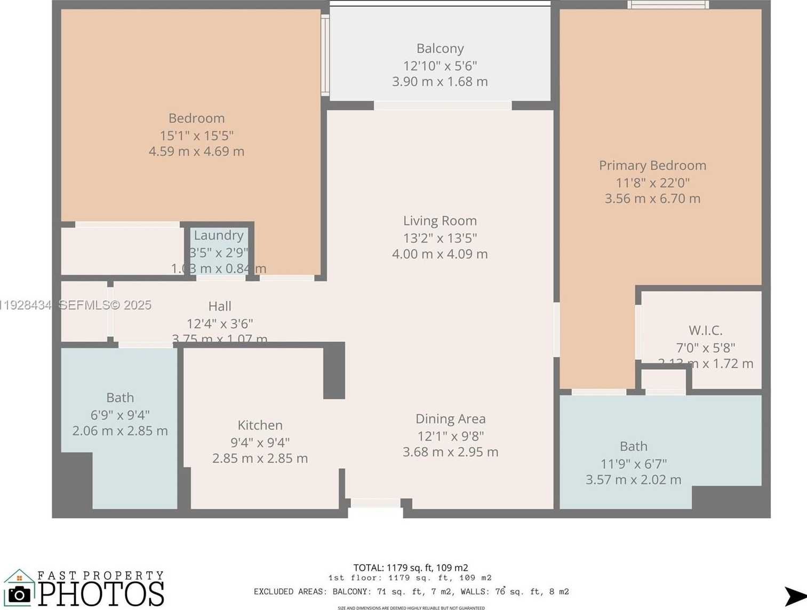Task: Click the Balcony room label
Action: (x=440, y=49)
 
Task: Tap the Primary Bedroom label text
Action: (x=652, y=165)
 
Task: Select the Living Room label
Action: (x=440, y=220)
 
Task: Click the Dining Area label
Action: (x=450, y=419)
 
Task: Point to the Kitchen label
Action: (x=260, y=425)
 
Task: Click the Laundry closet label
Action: (x=219, y=235)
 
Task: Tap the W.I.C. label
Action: (x=705, y=330)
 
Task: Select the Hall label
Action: (x=219, y=306)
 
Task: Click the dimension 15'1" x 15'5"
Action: (x=196, y=136)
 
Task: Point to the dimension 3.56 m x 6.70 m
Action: (x=652, y=199)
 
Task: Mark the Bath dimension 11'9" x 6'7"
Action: (x=634, y=464)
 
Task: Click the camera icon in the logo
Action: (x=20, y=594)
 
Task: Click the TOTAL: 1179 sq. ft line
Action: (x=410, y=568)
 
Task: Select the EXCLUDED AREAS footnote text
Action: (x=411, y=591)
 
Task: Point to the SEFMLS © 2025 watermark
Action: (x=105, y=305)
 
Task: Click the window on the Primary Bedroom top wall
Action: (x=668, y=5)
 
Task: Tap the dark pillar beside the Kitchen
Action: (x=334, y=371)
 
